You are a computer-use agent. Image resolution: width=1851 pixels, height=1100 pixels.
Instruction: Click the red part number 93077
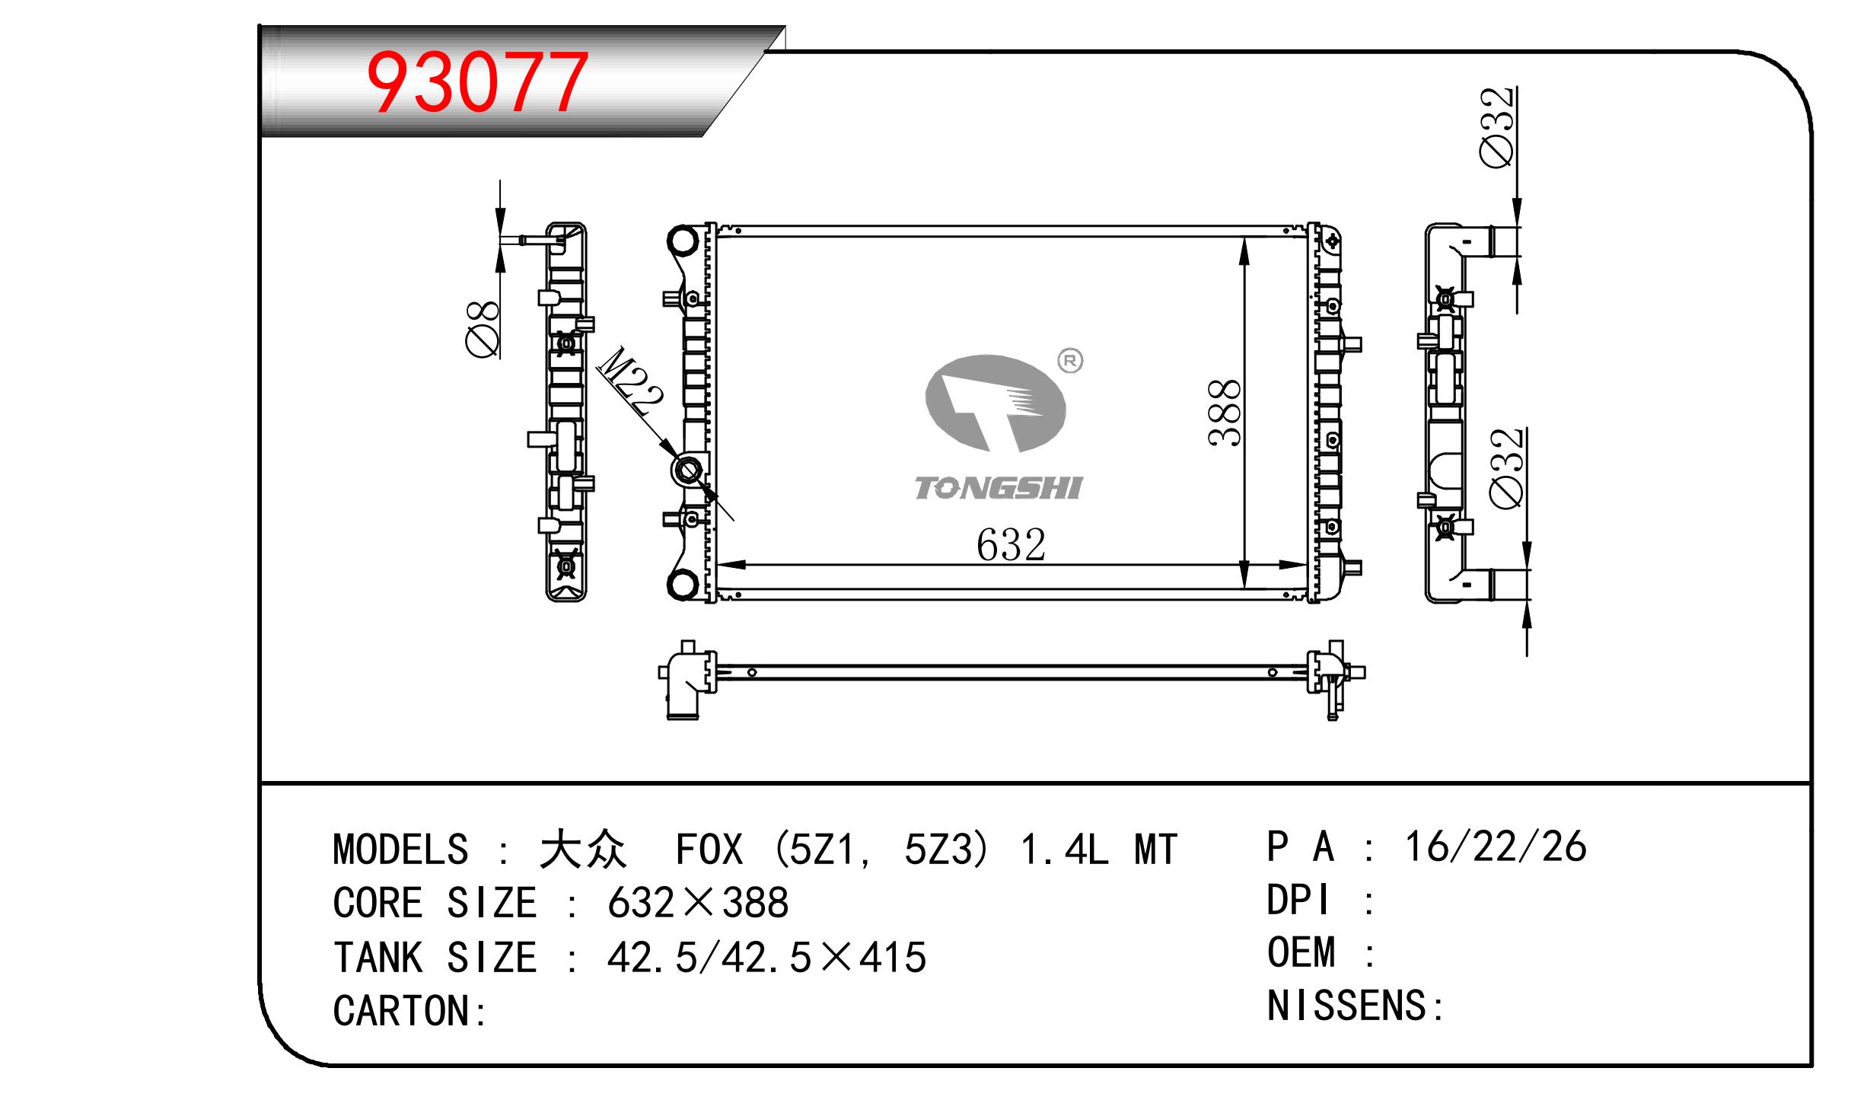click(477, 81)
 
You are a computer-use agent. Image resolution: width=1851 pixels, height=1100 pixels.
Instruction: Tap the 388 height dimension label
click(1225, 412)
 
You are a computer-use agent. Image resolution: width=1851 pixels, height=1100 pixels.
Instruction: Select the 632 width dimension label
click(1011, 545)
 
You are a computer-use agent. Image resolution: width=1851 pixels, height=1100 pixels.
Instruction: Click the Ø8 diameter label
click(483, 328)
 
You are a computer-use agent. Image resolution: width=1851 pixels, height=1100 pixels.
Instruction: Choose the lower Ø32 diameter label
click(1507, 467)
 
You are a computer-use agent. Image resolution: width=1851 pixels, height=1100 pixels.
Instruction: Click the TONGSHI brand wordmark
click(998, 488)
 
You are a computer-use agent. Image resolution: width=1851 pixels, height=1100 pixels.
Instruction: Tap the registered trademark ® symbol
click(1070, 361)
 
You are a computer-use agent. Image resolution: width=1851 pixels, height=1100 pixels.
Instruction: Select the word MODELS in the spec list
click(400, 850)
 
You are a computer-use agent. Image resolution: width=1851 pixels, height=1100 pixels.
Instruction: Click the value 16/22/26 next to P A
click(1496, 847)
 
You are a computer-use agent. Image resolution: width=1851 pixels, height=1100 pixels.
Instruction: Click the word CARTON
click(402, 1010)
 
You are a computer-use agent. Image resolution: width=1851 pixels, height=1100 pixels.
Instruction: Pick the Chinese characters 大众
click(583, 850)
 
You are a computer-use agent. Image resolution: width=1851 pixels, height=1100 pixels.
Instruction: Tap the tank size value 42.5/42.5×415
click(766, 957)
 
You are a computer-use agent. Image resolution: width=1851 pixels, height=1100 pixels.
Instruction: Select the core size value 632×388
click(698, 903)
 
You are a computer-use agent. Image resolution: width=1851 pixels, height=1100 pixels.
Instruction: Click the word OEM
click(1301, 952)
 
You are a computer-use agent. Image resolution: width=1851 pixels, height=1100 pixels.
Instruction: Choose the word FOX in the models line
click(709, 850)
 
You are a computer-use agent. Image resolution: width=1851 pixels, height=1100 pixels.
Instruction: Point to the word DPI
click(1298, 900)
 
